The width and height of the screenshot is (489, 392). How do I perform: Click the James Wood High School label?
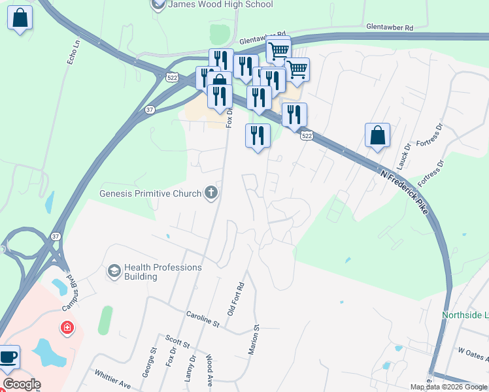coord(220,5)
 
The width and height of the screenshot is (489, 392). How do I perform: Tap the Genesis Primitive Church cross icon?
coord(211,193)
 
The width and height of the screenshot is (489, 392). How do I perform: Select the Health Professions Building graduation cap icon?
coord(114,270)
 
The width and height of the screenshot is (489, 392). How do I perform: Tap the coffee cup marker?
coord(8,357)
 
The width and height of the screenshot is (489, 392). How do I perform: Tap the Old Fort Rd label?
coord(235,299)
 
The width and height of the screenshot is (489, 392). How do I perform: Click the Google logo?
coord(22,384)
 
